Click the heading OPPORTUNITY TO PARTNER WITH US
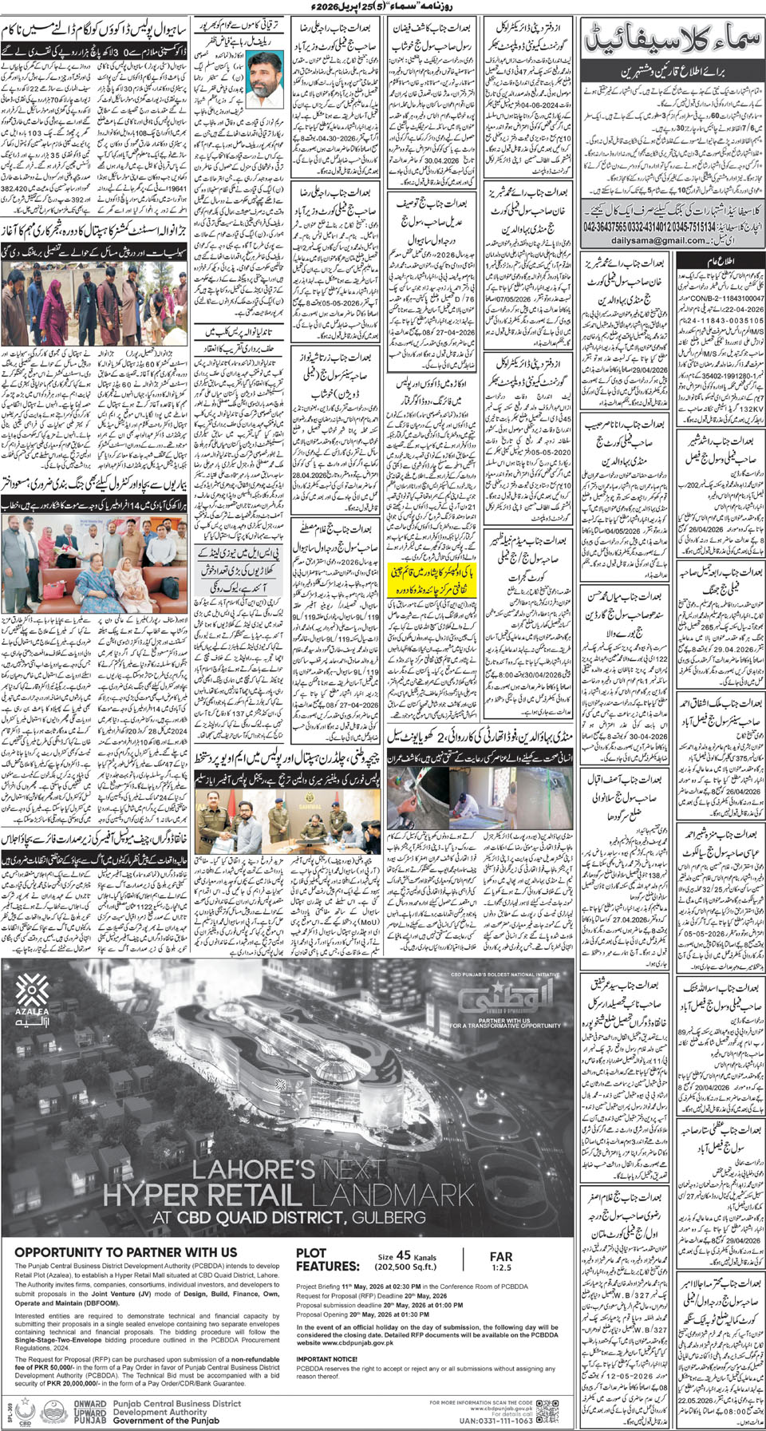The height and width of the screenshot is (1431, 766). (125, 1252)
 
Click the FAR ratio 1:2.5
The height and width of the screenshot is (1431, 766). (501, 1267)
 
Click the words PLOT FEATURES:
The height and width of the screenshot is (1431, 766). (327, 1259)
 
